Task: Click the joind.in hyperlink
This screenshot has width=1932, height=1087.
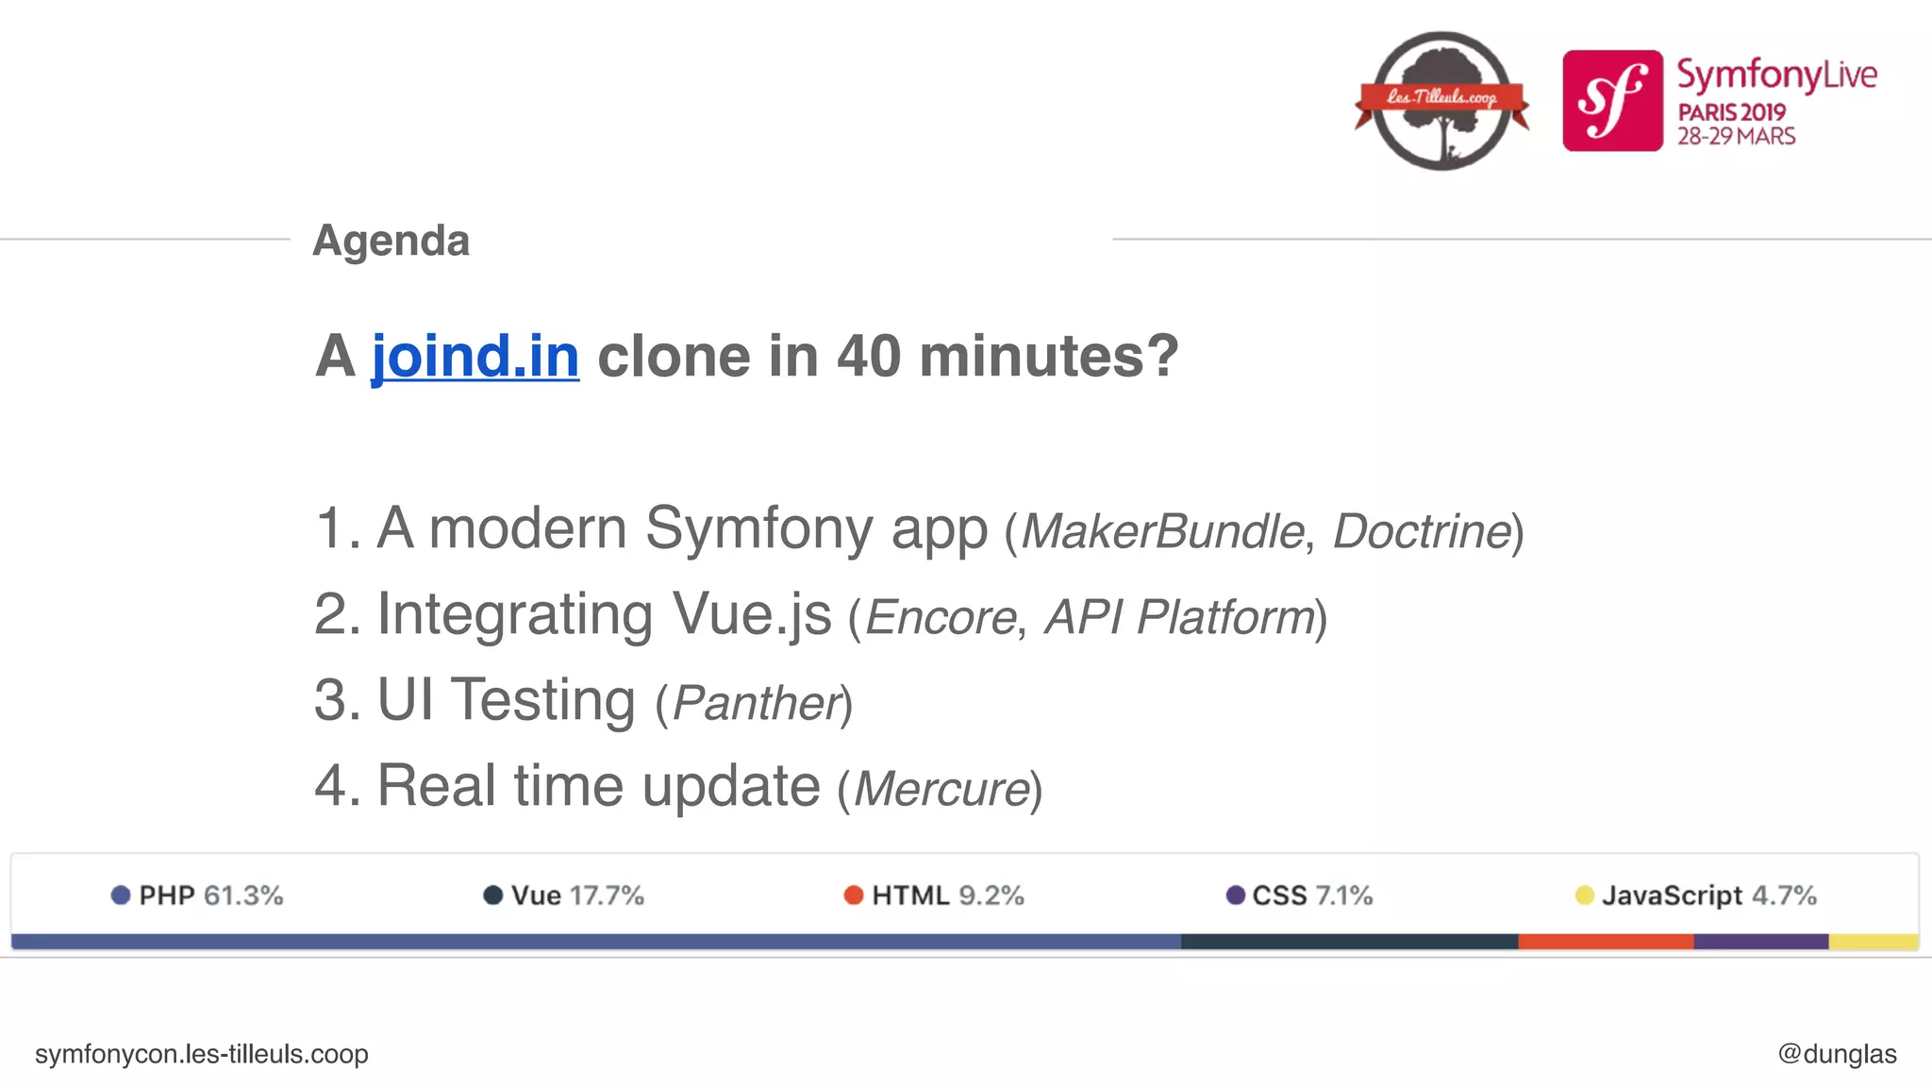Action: coord(475,357)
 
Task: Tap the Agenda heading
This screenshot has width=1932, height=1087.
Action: coord(391,241)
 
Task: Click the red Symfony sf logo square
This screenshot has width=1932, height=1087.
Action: coord(1612,101)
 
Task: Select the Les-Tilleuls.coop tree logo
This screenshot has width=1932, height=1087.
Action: coord(1441,101)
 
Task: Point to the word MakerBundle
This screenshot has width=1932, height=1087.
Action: coord(1162,531)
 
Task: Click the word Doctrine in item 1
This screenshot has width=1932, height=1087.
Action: coord(1422,531)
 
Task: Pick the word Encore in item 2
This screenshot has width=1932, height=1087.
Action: coord(940,618)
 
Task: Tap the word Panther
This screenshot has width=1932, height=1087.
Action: coord(756,704)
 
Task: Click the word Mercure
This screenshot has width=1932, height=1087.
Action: coord(941,790)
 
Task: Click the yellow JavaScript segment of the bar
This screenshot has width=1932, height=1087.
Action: coord(1874,942)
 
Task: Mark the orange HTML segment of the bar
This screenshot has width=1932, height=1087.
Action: coord(1606,942)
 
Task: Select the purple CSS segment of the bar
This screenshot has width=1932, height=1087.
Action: coord(1760,942)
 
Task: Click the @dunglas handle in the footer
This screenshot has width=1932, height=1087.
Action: coord(1837,1054)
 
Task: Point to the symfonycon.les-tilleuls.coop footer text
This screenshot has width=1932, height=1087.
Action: coord(202,1054)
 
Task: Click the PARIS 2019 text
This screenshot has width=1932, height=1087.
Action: coord(1731,112)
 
